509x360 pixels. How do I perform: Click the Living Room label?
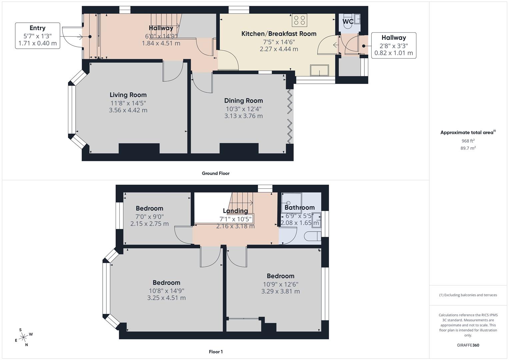(x=128, y=95)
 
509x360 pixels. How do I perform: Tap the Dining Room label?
(x=243, y=101)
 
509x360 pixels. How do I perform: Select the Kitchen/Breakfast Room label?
(x=279, y=34)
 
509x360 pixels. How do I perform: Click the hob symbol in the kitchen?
(x=299, y=20)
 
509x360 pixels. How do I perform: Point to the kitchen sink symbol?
(x=319, y=70)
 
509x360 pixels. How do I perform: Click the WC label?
(x=348, y=22)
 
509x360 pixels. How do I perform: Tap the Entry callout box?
(x=37, y=36)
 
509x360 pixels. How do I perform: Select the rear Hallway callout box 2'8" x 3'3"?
(x=393, y=45)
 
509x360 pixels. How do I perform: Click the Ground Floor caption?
(x=216, y=173)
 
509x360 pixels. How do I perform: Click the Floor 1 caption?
(x=216, y=352)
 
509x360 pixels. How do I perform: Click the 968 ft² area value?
(x=468, y=141)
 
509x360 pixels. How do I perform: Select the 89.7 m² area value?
(x=468, y=148)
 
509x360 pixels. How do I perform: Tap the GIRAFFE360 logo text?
(x=468, y=345)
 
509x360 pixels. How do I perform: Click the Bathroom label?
(x=299, y=208)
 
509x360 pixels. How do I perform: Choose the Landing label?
(x=235, y=211)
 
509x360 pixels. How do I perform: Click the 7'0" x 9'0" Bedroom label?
(x=149, y=209)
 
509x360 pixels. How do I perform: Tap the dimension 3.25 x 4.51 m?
(x=166, y=298)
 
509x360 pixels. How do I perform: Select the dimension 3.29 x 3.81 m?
(x=280, y=291)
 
